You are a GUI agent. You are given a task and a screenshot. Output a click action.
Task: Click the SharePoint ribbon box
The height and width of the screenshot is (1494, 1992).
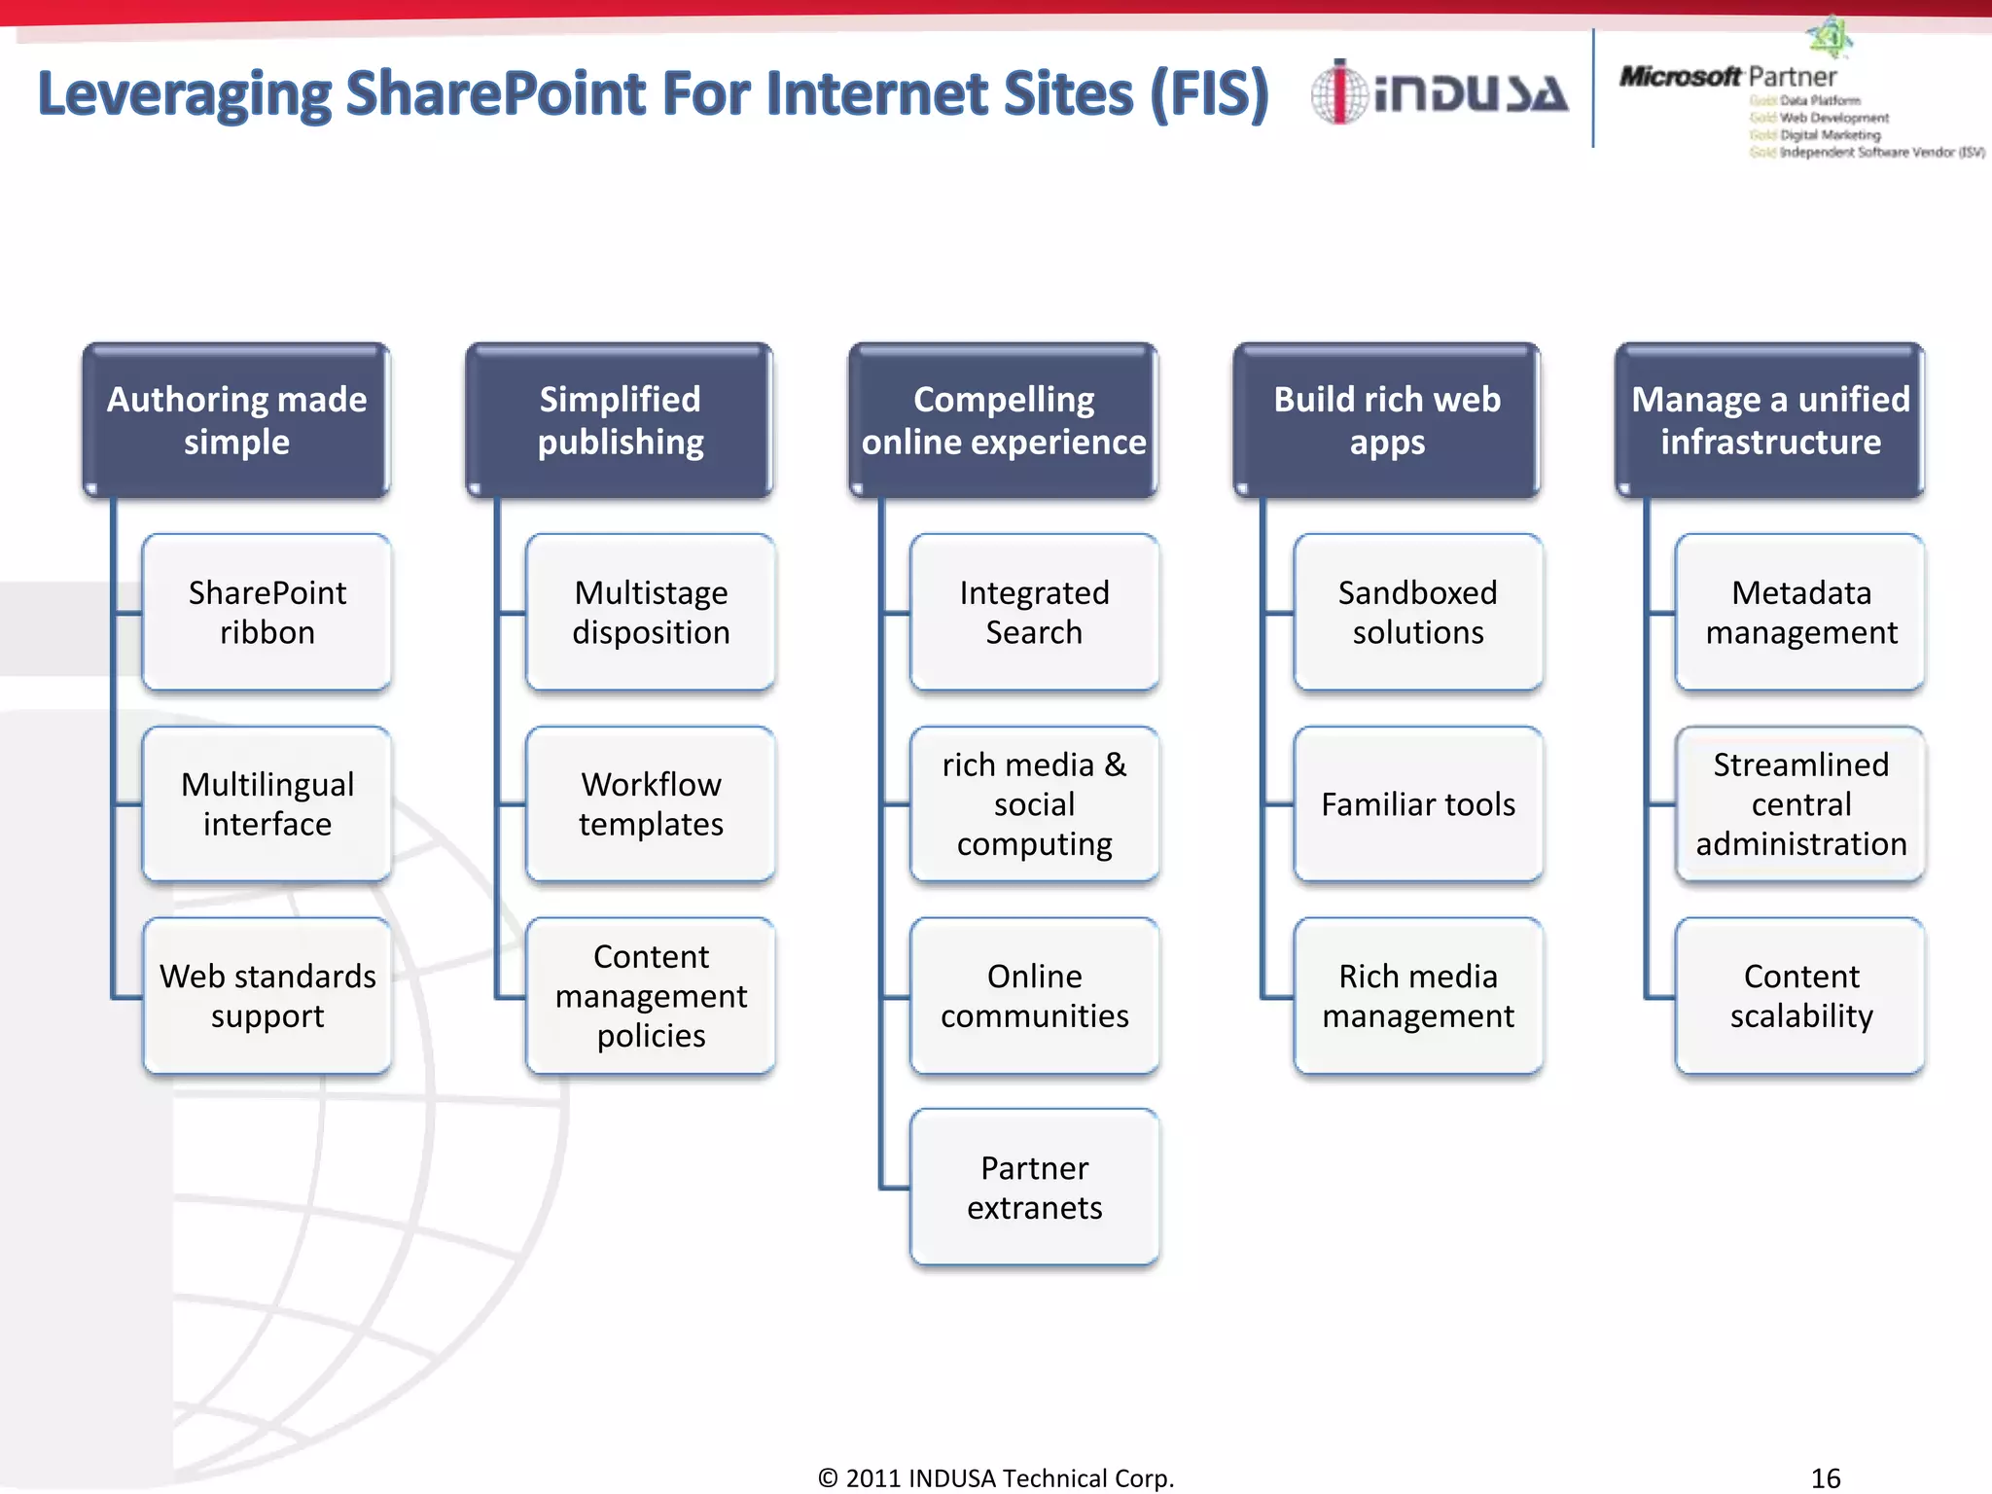pyautogui.click(x=267, y=612)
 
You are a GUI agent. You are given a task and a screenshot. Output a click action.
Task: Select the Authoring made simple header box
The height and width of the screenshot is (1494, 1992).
pyautogui.click(x=236, y=420)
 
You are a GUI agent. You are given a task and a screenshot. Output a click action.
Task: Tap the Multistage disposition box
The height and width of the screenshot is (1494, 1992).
pyautogui.click(x=651, y=612)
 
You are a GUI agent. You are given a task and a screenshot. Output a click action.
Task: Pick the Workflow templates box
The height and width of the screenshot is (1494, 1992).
pyautogui.click(x=651, y=803)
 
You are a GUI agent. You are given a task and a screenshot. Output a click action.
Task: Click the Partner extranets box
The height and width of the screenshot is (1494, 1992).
pyautogui.click(x=1034, y=1187)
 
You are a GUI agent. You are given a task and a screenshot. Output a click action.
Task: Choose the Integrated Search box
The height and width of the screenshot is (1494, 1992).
pyautogui.click(x=1034, y=612)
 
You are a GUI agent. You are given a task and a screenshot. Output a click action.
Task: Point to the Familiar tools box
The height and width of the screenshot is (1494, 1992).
pyautogui.click(x=1417, y=803)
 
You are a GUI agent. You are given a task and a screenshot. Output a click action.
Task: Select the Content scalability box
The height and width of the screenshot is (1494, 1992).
pyautogui.click(x=1800, y=995)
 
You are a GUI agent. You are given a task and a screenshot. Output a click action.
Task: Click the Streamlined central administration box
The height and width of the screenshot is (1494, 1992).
pyautogui.click(x=1800, y=803)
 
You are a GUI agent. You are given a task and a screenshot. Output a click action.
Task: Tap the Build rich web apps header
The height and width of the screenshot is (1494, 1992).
pyautogui.click(x=1386, y=420)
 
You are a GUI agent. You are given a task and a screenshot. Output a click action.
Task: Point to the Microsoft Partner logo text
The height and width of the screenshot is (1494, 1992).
pyautogui.click(x=1727, y=76)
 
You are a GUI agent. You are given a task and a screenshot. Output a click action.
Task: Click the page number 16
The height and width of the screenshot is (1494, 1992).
pyautogui.click(x=1825, y=1477)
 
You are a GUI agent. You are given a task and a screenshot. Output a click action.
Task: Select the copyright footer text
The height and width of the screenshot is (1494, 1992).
pyautogui.click(x=996, y=1477)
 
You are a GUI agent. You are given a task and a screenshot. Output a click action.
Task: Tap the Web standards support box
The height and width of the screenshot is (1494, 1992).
pyautogui.click(x=267, y=995)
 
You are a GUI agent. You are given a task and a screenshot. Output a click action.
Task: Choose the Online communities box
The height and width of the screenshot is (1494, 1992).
pyautogui.click(x=1034, y=995)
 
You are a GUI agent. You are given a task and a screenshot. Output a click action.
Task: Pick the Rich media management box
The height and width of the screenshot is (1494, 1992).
pyautogui.click(x=1417, y=995)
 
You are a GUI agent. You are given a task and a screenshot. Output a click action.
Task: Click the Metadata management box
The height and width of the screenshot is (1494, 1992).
pyautogui.click(x=1800, y=612)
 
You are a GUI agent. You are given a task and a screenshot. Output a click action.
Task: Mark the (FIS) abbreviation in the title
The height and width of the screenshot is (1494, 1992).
pyautogui.click(x=1209, y=93)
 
